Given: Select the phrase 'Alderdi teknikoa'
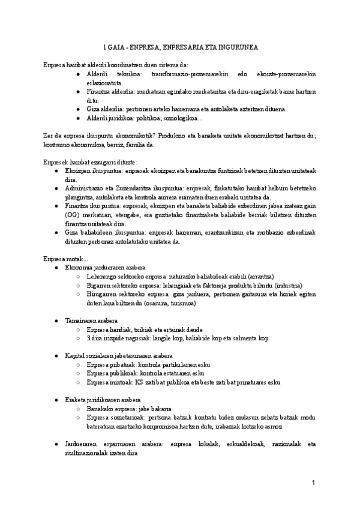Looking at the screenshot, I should (x=116, y=74).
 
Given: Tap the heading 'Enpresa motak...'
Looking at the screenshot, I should (x=65, y=258).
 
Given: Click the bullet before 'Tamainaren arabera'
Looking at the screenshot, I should (x=56, y=321).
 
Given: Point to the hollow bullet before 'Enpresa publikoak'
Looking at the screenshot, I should (x=80, y=373).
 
